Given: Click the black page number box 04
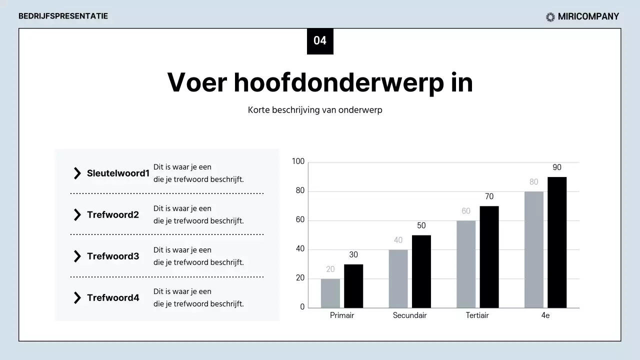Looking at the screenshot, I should (320, 41).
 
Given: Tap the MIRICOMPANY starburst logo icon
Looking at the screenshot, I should (550, 17).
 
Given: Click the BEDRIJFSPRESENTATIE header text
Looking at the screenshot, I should (63, 16).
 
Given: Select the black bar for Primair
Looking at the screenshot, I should (353, 286).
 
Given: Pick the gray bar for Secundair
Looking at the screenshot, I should (398, 278).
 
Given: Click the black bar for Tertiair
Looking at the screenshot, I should (489, 257).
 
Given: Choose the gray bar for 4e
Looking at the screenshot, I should (534, 249).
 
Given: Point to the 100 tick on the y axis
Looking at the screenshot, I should (298, 161).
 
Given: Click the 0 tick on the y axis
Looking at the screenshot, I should (302, 307).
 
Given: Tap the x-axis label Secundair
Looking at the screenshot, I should (409, 315).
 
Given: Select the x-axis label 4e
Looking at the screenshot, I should (545, 315).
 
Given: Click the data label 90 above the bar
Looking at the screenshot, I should (557, 167).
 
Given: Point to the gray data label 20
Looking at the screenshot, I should (330, 269).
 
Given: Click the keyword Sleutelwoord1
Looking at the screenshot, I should (118, 173).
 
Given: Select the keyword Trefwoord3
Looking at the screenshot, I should (113, 256).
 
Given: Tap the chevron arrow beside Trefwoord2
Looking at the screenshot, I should (77, 215).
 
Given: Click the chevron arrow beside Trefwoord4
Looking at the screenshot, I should (77, 298).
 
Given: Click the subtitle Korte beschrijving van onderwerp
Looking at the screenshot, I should (315, 110).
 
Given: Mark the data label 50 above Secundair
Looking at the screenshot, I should (421, 225).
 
